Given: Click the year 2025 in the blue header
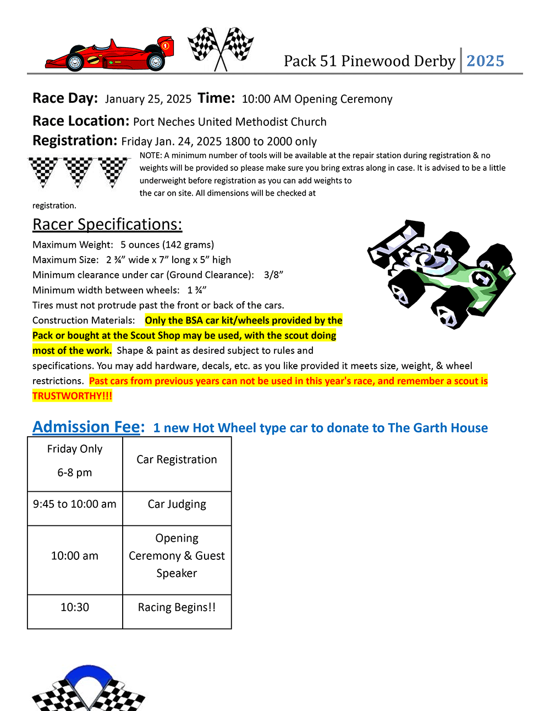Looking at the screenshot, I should tap(485, 61).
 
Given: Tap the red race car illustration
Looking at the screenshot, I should tap(110, 55).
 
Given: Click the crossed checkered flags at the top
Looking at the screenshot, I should tap(221, 48).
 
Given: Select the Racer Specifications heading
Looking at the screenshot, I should tap(107, 224).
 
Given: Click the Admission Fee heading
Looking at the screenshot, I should tap(89, 427).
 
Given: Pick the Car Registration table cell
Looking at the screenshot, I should tap(177, 460).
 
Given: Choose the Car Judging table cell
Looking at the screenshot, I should tap(177, 504).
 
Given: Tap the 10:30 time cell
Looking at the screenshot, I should tap(75, 608).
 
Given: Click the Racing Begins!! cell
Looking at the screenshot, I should tap(177, 608).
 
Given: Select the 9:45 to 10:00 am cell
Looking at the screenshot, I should tap(75, 504).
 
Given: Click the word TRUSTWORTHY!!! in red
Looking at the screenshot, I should tap(72, 396).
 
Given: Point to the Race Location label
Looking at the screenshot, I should tap(81, 121).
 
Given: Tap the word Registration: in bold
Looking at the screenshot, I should tap(75, 141).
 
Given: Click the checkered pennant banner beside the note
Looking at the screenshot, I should tap(79, 171).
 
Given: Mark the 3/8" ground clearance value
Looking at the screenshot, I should tap(273, 275).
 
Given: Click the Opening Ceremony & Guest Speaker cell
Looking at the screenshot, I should tap(177, 556).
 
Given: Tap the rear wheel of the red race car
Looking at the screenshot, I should tap(156, 62).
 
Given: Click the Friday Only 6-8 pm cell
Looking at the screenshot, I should tap(75, 461).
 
